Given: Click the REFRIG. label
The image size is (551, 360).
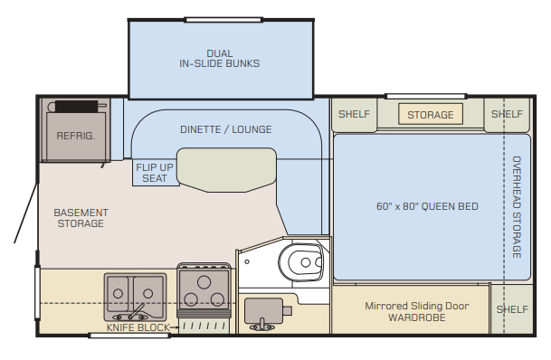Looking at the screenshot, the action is tap(76, 136).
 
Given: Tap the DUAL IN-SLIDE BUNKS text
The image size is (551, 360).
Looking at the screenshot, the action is tap(220, 59).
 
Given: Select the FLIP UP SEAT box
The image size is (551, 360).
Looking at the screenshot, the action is tap(155, 173).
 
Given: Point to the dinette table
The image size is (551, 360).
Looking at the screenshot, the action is tap(227, 170).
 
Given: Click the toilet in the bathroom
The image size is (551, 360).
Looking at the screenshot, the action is tap(300, 261).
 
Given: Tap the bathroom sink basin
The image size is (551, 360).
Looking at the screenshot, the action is tap(263, 310).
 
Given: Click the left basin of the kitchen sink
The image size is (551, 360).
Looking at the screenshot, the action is tap(118, 293).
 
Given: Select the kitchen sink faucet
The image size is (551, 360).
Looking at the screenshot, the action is tap(135, 313).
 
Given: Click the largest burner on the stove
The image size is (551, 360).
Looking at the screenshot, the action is tap(204, 282).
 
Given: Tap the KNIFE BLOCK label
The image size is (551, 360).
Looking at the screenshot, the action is tap(138, 327).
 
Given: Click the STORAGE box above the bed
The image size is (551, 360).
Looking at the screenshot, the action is tap(431, 114).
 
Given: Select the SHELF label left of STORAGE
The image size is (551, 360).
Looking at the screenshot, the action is tap(354, 114).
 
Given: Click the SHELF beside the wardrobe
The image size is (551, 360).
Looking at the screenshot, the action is tap(512, 309).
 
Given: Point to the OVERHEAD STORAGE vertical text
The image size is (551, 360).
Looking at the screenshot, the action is tap(517, 207).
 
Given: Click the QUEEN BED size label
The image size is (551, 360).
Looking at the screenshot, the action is tap(427, 206).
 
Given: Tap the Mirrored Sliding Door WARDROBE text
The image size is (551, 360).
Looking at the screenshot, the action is tap(417, 311).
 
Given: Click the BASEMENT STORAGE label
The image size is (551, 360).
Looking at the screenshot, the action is tap(81, 218).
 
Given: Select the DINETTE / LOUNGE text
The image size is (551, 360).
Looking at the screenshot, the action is tap(226, 129).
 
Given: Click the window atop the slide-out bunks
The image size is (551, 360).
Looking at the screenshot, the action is tap(223, 20).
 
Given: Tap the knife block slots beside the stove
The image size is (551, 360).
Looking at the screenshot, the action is tap(204, 327).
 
